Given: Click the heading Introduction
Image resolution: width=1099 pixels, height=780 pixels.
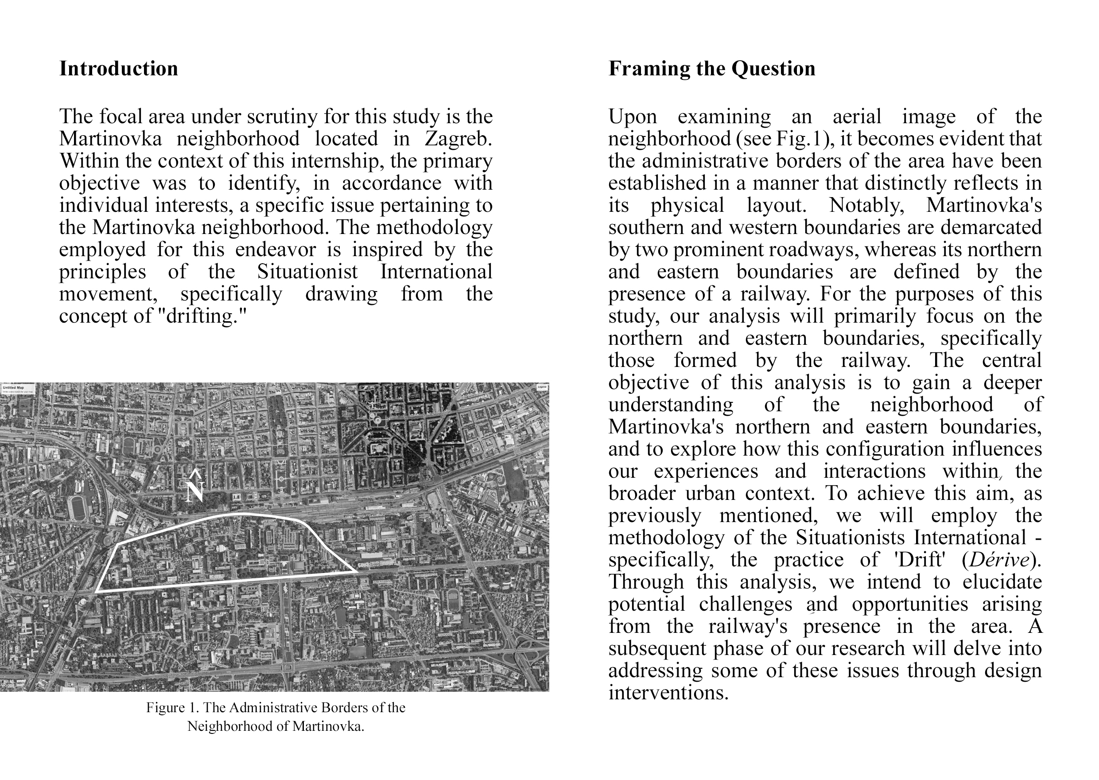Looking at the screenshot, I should (118, 69).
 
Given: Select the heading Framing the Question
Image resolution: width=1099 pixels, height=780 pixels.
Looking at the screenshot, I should (711, 69).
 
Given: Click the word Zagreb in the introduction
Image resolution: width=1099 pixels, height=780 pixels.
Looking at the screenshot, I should (458, 139).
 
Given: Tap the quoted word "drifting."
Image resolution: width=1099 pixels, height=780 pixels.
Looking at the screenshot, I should (202, 316).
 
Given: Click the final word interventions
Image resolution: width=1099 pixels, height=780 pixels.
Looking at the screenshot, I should (668, 693).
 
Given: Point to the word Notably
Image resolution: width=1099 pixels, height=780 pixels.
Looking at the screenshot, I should (866, 206).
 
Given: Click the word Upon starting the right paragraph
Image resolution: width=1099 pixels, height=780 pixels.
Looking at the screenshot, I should (632, 117).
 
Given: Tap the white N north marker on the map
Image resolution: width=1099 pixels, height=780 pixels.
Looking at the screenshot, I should (195, 491).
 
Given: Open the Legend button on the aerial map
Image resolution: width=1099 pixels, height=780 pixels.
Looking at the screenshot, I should (542, 387).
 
